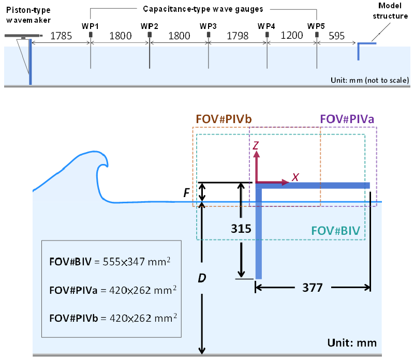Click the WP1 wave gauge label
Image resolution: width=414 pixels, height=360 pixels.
pos(90,26)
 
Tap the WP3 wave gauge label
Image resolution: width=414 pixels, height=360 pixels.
pos(208,26)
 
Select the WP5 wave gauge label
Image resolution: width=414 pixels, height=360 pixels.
pos(316,26)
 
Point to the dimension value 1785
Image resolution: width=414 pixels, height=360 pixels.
pos(61,36)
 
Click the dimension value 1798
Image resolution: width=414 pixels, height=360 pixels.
pos(238,36)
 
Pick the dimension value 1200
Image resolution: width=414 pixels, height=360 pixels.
pos(292,35)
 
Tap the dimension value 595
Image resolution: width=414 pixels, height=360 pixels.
pos(337,36)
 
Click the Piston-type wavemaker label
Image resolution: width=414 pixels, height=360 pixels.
pos(28,15)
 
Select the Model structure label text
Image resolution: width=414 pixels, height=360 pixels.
pos(390,11)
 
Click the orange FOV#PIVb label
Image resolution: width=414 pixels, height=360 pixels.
pos(224,119)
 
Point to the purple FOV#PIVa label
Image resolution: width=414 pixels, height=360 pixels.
pos(347,119)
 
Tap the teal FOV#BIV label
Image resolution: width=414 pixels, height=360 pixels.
pos(335,231)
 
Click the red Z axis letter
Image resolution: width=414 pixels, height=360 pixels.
pos(256,145)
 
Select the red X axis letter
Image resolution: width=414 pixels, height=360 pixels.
pos(295,177)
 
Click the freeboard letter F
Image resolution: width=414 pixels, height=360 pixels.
pos(186,193)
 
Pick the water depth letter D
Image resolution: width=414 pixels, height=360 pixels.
pos(202,278)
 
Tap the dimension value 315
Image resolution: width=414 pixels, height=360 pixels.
pos(241,229)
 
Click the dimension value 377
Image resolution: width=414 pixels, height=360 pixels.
pos(313,288)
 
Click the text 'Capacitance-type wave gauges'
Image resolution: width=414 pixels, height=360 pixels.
pos(203,9)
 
